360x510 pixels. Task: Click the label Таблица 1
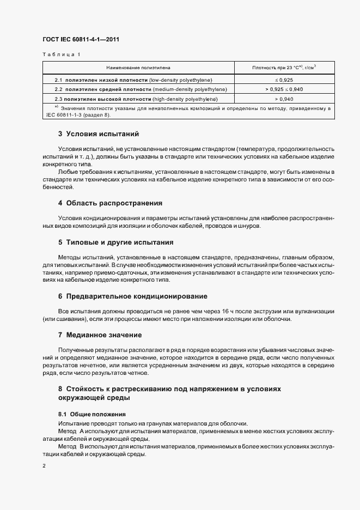61,54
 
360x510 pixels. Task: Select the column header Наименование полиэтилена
138,68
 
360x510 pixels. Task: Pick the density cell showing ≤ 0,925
284,80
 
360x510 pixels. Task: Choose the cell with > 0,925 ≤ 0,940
284,89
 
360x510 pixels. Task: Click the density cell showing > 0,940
284,99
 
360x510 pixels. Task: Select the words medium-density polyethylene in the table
191,89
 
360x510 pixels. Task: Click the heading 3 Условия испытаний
99,133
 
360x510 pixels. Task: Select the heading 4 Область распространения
110,203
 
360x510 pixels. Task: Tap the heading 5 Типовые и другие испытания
115,242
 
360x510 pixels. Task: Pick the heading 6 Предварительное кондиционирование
132,296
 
